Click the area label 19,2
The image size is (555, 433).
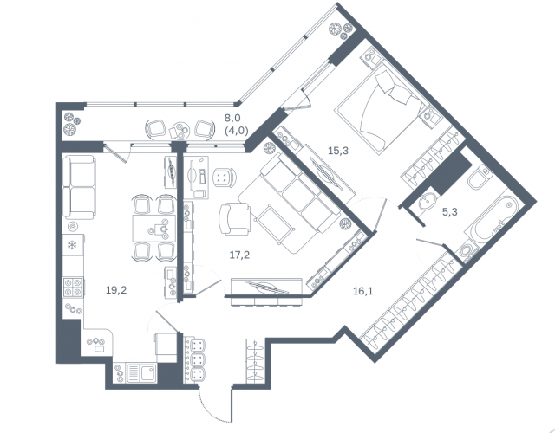click(x=116, y=290)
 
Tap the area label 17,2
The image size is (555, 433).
click(x=239, y=255)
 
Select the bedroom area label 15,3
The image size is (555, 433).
click(x=338, y=151)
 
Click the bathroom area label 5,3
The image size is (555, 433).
click(x=450, y=212)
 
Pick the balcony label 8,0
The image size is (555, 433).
click(x=233, y=118)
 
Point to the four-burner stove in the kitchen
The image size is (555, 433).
click(x=73, y=287)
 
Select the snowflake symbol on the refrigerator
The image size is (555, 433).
click(x=72, y=244)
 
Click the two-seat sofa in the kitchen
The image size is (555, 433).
click(x=79, y=187)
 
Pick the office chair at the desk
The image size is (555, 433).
click(x=225, y=177)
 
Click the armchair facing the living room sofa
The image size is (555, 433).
click(x=234, y=218)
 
